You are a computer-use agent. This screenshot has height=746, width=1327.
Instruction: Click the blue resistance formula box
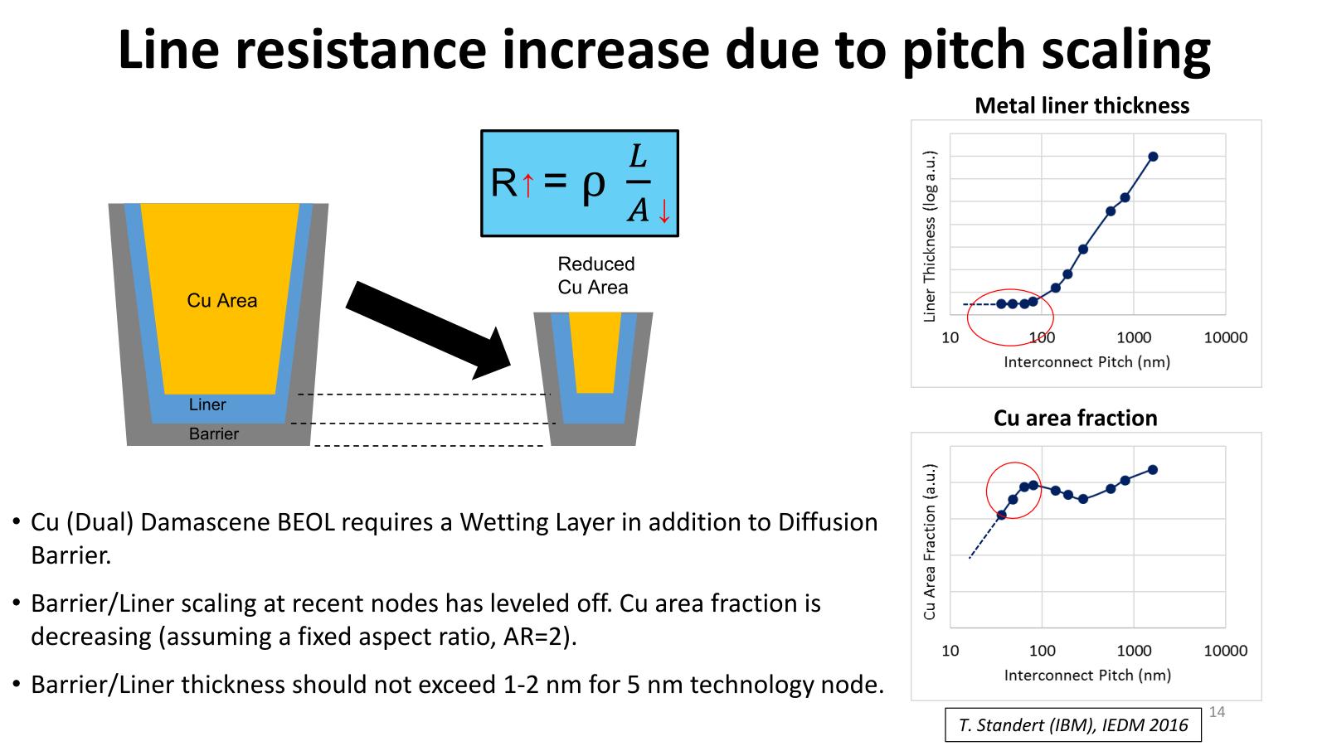coord(579,183)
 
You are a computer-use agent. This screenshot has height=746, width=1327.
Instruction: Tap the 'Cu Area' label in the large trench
coord(221,300)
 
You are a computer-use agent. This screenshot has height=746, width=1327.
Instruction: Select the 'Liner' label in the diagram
coord(207,404)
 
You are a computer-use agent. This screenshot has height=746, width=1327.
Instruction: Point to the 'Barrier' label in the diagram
coord(213,434)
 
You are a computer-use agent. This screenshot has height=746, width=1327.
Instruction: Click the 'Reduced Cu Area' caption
coord(595,275)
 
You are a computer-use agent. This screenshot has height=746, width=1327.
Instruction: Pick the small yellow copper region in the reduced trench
coord(595,351)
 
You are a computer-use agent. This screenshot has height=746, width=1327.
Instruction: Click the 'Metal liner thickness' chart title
coord(1082,106)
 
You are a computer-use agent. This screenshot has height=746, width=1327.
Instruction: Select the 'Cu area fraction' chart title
coord(1075,418)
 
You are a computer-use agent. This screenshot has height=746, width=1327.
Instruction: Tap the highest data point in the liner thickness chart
coord(1153,157)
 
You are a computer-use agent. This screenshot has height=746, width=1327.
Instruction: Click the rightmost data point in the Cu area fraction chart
coord(1153,470)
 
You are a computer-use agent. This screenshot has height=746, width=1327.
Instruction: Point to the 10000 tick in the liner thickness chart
coord(1225,337)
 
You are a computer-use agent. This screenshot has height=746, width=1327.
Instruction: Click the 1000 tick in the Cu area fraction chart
coord(1134,651)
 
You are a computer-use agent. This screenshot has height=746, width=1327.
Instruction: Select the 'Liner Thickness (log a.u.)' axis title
coord(930,236)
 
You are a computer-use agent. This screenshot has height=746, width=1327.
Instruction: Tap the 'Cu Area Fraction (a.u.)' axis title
coord(930,542)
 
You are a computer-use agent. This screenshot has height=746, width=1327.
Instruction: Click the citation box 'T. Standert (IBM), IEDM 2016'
coord(1073,725)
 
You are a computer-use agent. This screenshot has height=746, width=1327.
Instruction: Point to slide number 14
coord(1218,712)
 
